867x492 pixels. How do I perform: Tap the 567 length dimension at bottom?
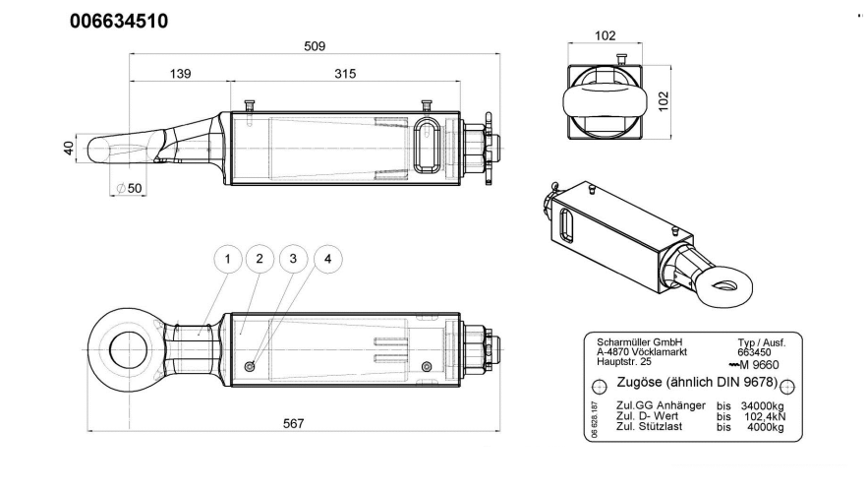[x=293, y=423]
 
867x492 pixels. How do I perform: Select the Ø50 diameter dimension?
[x=128, y=187]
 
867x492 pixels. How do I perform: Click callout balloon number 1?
[x=227, y=259]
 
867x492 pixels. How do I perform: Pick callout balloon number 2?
[x=259, y=259]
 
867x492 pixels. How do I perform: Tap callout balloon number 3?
[x=291, y=259]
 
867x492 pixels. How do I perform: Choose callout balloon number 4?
[x=327, y=259]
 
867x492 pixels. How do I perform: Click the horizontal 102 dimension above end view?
[x=607, y=36]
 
